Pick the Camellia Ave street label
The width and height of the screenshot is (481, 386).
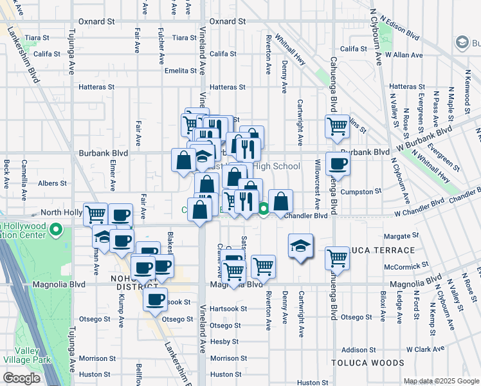pyautogui.click(x=24, y=174)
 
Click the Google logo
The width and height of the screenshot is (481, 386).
pyautogui.click(x=21, y=378)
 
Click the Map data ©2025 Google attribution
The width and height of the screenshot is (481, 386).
pyautogui.click(x=441, y=381)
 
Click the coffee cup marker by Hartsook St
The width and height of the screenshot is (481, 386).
pyautogui.click(x=155, y=299)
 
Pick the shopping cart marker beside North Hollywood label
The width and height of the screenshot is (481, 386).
pyautogui.click(x=96, y=214)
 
